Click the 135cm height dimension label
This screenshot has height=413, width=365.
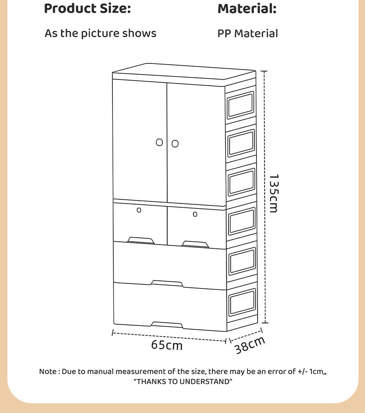tap(273, 193)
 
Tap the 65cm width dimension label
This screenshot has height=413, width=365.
tap(167, 345)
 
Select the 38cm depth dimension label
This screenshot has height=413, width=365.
tap(250, 345)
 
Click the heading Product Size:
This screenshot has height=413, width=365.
tap(87, 8)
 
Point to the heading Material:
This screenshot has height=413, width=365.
tap(247, 8)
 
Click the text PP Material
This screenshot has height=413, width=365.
tap(247, 33)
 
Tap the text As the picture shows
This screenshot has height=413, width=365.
tap(100, 33)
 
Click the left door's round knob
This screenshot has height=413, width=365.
tap(160, 142)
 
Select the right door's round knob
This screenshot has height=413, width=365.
tap(175, 144)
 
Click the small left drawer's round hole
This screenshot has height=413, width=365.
tap(139, 210)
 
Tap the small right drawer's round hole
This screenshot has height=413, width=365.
tap(195, 214)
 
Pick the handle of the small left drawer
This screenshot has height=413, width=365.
tap(141, 240)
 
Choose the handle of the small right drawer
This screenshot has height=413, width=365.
tap(196, 244)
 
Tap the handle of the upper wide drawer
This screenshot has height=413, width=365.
tap(167, 283)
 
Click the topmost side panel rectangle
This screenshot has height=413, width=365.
tap(241, 106)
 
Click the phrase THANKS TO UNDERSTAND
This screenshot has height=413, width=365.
tap(183, 382)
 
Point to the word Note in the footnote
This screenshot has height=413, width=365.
tap(47, 372)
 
